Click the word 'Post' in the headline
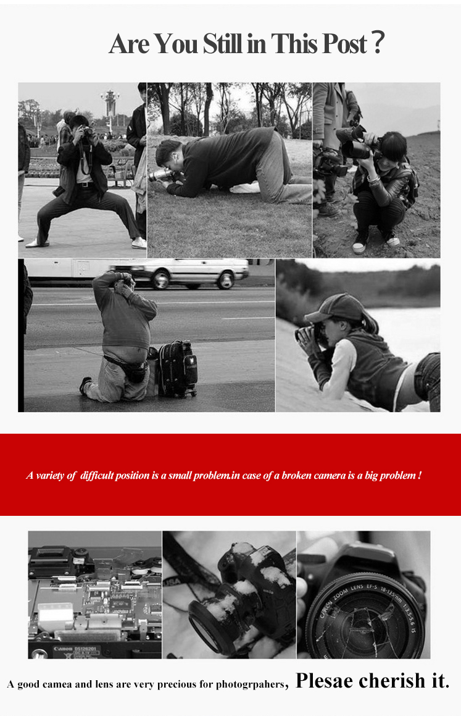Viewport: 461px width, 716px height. (345, 44)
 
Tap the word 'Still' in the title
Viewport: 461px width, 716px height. (223, 44)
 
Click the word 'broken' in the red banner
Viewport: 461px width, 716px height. (296, 475)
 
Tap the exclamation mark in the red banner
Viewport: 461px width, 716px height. (419, 475)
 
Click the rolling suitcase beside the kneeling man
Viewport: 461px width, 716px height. (177, 369)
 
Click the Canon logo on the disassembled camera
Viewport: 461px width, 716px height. (63, 649)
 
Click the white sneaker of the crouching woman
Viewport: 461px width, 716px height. (359, 246)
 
